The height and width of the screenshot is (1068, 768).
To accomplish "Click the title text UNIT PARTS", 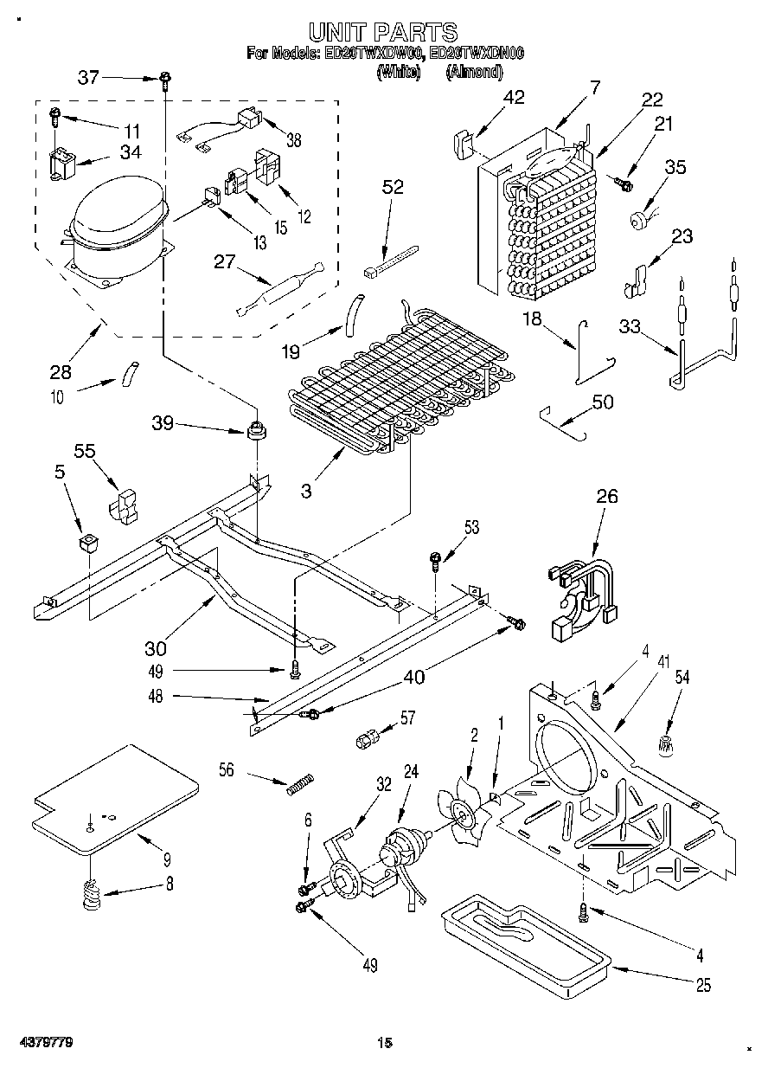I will [383, 33].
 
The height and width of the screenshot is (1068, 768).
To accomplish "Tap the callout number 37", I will [89, 77].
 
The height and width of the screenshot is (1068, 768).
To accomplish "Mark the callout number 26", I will [608, 498].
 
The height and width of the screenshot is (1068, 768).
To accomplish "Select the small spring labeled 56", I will [299, 784].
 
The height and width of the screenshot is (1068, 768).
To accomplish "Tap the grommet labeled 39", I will [256, 429].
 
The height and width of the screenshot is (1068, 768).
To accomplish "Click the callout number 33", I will [630, 326].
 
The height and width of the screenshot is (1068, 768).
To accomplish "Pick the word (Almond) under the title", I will [473, 73].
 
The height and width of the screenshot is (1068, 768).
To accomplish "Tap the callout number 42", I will [514, 97].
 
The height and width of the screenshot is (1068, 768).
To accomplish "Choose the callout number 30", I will [157, 647].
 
